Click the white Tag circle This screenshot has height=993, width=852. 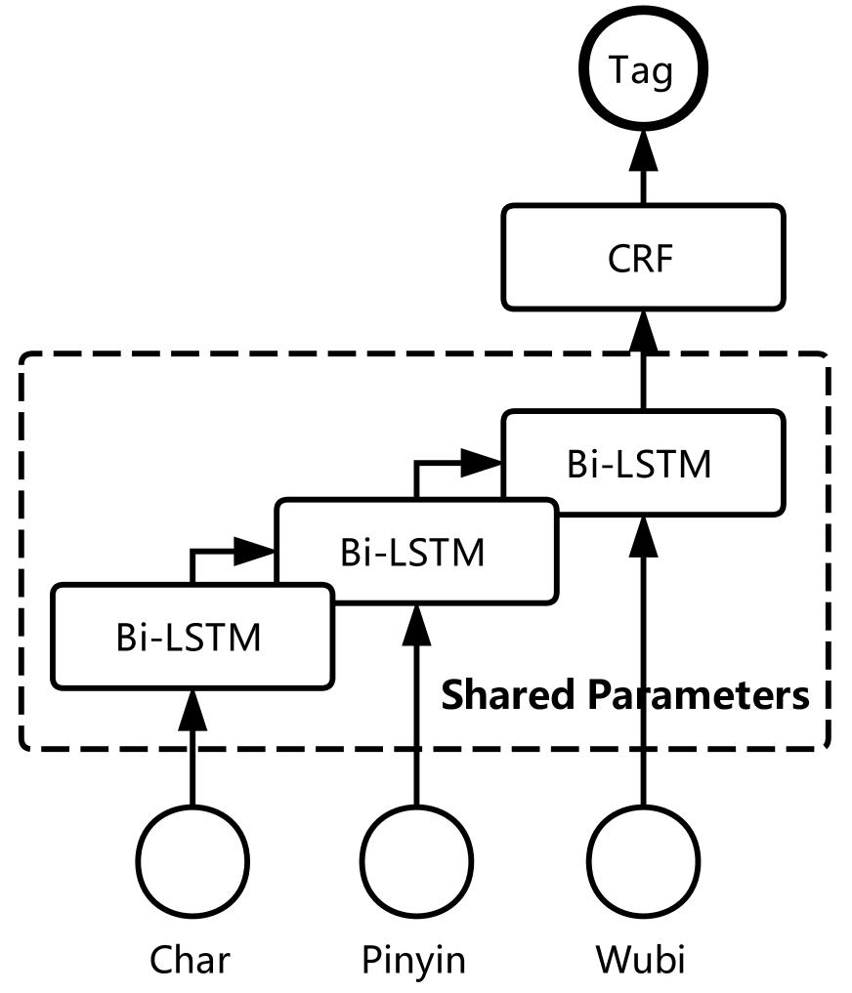tap(641, 71)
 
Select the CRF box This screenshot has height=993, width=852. tap(642, 258)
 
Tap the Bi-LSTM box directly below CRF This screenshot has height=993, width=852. tap(642, 464)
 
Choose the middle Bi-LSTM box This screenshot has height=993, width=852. tap(415, 552)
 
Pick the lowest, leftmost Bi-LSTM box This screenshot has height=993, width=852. tap(192, 637)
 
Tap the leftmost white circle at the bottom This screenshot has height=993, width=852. tap(192, 862)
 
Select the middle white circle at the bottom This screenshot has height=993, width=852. tap(416, 862)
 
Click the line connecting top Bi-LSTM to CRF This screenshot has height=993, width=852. tap(643, 381)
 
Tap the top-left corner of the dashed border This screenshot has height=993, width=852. tap(25, 358)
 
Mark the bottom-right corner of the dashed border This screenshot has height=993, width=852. tap(826, 747)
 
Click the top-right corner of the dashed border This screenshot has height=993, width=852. tap(826, 358)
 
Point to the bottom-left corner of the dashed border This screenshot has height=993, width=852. tap(25, 747)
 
